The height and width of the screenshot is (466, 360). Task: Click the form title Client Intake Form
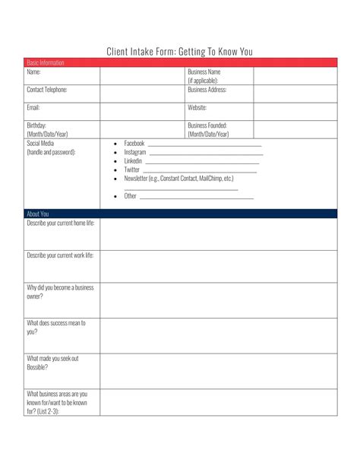pyautogui.click(x=179, y=52)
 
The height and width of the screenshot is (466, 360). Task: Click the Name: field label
pyautogui.click(x=33, y=72)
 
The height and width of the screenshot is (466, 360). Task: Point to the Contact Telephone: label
pyautogui.click(x=47, y=90)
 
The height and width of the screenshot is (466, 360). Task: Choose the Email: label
pyautogui.click(x=34, y=107)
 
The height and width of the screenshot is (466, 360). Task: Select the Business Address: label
pyautogui.click(x=207, y=90)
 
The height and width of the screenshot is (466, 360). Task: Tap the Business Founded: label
pyautogui.click(x=207, y=125)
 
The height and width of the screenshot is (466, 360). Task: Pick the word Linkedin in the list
pyautogui.click(x=133, y=161)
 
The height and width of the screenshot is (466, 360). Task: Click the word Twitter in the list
pyautogui.click(x=132, y=170)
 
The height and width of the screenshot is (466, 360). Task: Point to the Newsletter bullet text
pyautogui.click(x=178, y=179)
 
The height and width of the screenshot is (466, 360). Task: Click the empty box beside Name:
pyautogui.click(x=142, y=75)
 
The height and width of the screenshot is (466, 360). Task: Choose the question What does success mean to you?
pyautogui.click(x=56, y=327)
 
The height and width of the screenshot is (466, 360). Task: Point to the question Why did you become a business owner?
pyautogui.click(x=60, y=292)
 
